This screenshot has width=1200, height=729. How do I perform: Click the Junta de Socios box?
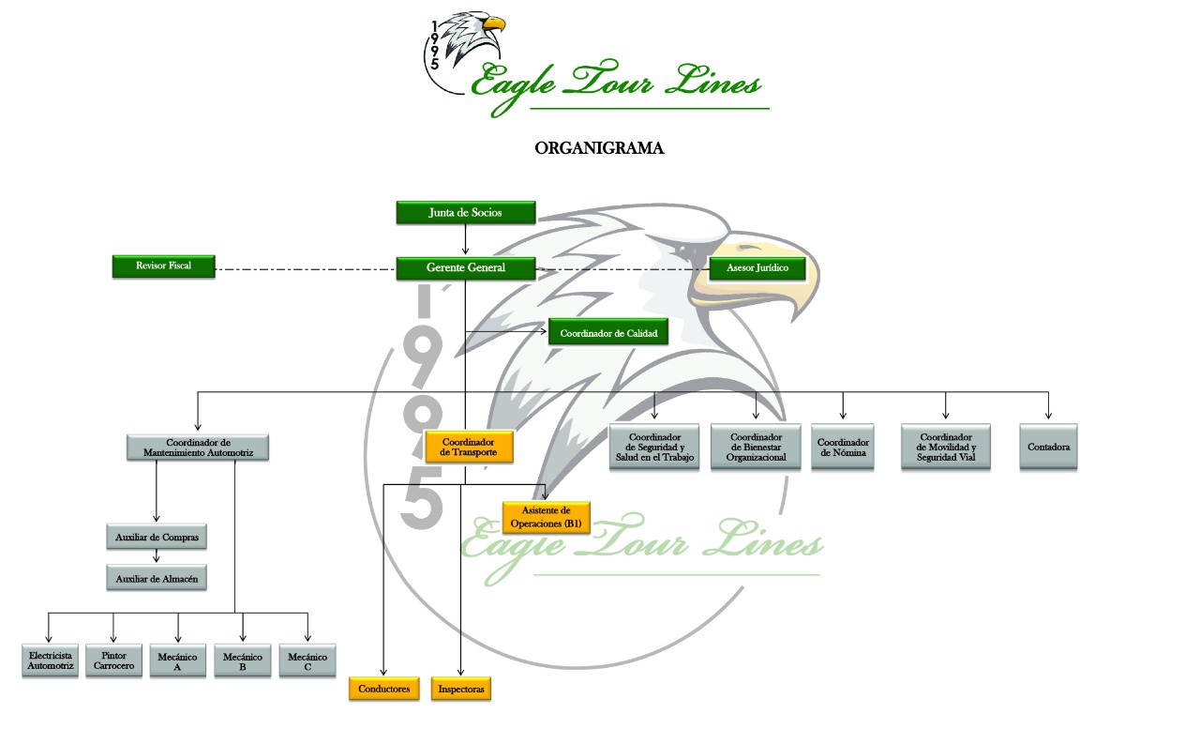(465, 213)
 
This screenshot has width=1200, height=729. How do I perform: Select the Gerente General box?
(465, 267)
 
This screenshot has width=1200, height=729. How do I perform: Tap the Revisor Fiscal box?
(163, 266)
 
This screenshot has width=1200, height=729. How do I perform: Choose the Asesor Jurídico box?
(757, 268)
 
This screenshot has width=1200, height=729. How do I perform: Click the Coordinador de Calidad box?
(608, 333)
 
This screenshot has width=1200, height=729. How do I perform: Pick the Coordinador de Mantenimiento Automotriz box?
(198, 448)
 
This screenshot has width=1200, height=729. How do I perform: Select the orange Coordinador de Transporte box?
(469, 447)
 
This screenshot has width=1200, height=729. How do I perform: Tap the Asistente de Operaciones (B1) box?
(546, 517)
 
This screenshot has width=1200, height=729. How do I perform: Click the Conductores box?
(384, 689)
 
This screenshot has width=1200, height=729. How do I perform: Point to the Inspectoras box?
(460, 689)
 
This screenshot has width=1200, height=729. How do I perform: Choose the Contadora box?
(1048, 448)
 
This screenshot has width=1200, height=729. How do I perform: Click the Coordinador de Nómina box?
(844, 448)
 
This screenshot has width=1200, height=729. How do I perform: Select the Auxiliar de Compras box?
(156, 538)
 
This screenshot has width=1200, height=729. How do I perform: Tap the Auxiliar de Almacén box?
(156, 578)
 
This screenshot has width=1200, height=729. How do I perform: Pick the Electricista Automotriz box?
(51, 661)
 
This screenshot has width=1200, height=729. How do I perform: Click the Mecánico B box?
(243, 661)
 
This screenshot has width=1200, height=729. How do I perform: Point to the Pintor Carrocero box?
(113, 661)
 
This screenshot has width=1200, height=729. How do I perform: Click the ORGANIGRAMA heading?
(599, 148)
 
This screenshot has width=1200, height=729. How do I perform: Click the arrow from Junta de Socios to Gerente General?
(465, 240)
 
